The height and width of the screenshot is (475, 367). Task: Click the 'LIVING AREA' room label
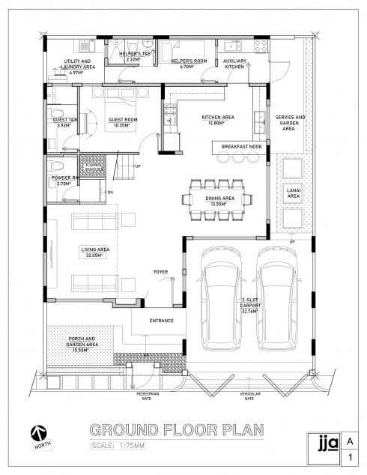coord(96,252)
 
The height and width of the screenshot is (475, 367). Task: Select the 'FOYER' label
coord(160,271)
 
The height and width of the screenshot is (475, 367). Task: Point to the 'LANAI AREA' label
coord(294,193)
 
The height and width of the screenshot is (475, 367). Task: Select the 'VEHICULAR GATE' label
coord(249,396)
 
